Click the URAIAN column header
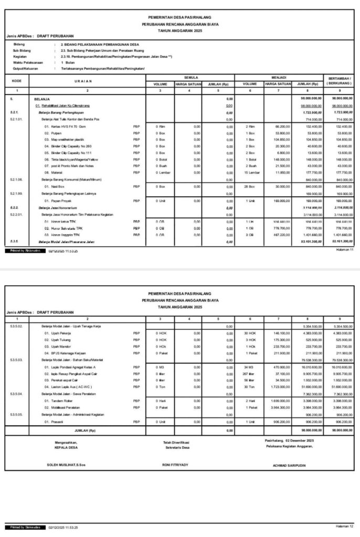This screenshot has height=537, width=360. [87, 81]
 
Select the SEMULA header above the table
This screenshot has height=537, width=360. [190, 77]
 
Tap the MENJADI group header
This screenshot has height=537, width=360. [279, 77]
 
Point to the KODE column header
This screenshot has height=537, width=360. [17, 81]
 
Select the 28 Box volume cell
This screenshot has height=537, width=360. [250, 186]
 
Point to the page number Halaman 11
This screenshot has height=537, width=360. [345, 250]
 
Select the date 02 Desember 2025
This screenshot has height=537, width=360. [298, 440]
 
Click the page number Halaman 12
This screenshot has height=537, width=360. [344, 525]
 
